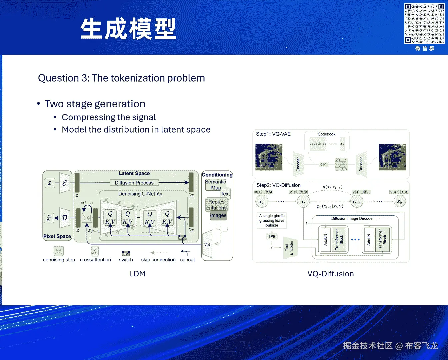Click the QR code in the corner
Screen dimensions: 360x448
pyautogui.click(x=424, y=23)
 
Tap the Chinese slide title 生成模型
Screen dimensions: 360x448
pyautogui.click(x=128, y=29)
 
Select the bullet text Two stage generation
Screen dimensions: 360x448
pyautogui.click(x=95, y=104)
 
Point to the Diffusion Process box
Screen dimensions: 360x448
pyautogui.click(x=134, y=183)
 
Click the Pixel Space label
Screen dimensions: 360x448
pyautogui.click(x=57, y=236)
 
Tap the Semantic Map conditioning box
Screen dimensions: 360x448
pyautogui.click(x=215, y=185)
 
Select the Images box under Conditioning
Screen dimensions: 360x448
pyautogui.click(x=218, y=215)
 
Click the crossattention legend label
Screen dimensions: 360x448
pyautogui.click(x=95, y=260)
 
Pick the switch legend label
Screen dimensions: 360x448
pyautogui.click(x=126, y=260)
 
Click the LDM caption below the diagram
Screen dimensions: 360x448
pyautogui.click(x=137, y=274)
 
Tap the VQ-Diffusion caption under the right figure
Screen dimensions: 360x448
pyautogui.click(x=330, y=274)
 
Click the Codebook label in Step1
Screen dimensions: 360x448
pyautogui.click(x=326, y=134)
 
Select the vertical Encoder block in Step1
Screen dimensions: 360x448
pyautogui.click(x=298, y=164)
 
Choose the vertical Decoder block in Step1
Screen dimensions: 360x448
pyautogui.click(x=361, y=164)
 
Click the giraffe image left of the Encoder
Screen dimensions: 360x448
pyautogui.click(x=269, y=157)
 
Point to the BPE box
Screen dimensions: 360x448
pyautogui.click(x=272, y=236)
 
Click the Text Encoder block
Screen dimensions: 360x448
pyautogui.click(x=289, y=247)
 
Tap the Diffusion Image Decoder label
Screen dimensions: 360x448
pyautogui.click(x=352, y=219)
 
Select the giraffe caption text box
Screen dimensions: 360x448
pyautogui.click(x=272, y=221)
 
